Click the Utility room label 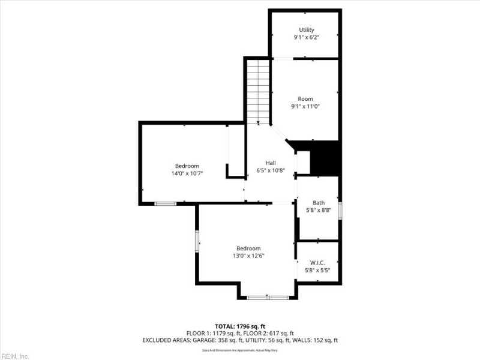click(x=306, y=29)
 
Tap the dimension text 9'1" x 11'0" click(x=306, y=106)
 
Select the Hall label click(x=271, y=163)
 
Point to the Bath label click(x=318, y=203)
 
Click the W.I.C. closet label click(x=318, y=262)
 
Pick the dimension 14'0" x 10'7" click(x=187, y=173)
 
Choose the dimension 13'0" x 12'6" click(x=248, y=256)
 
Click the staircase click(x=259, y=90)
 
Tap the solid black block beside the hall click(x=325, y=157)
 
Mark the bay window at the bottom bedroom click(x=268, y=297)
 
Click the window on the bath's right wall click(x=340, y=211)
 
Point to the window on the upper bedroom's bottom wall click(x=166, y=204)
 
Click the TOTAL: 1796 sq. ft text click(x=240, y=326)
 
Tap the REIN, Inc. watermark click(x=16, y=356)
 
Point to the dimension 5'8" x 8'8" click(x=318, y=211)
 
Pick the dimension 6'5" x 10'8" click(x=271, y=170)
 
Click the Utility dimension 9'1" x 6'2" click(x=306, y=37)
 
